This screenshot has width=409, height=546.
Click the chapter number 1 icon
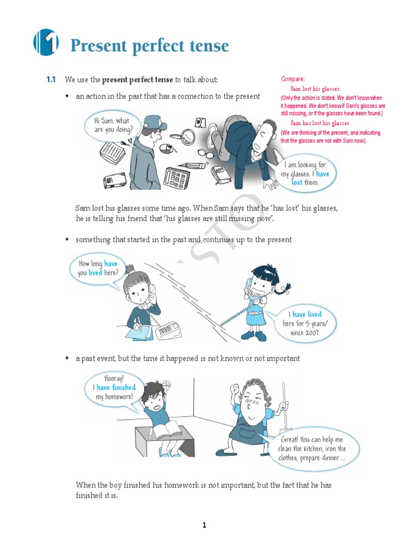pos(46,42)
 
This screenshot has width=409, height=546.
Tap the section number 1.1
pos(51,80)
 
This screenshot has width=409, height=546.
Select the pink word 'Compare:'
pos(293,79)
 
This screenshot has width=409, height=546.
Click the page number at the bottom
pos(204,525)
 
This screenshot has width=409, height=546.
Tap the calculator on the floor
pos(177,178)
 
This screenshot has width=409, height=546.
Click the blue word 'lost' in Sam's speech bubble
pos(297,182)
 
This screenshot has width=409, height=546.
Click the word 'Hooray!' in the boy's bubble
pos(114,379)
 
